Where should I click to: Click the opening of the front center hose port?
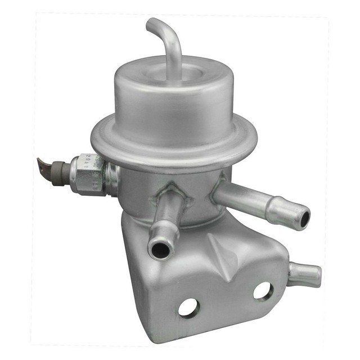pos(160,248)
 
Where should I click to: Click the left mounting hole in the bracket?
pos(188,307)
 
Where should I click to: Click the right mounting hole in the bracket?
pos(262,290)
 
